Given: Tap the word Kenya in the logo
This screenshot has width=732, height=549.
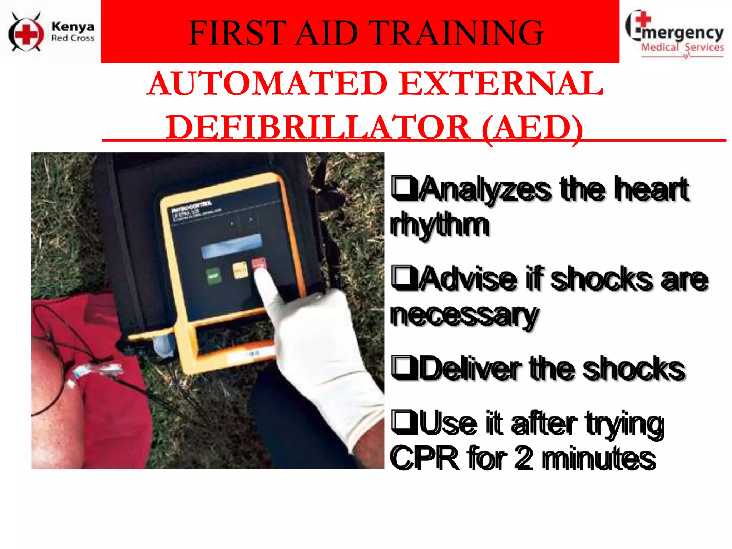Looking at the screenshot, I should pyautogui.click(x=73, y=27).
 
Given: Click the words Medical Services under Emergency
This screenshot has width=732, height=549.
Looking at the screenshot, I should pyautogui.click(x=682, y=48).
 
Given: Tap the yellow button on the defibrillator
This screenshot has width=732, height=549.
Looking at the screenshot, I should pyautogui.click(x=240, y=269).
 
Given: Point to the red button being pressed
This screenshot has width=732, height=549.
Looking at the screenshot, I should pyautogui.click(x=258, y=264).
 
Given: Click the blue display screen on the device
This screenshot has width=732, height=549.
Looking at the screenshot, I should pyautogui.click(x=231, y=246).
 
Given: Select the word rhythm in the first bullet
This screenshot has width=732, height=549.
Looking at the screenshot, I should pyautogui.click(x=440, y=225).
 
